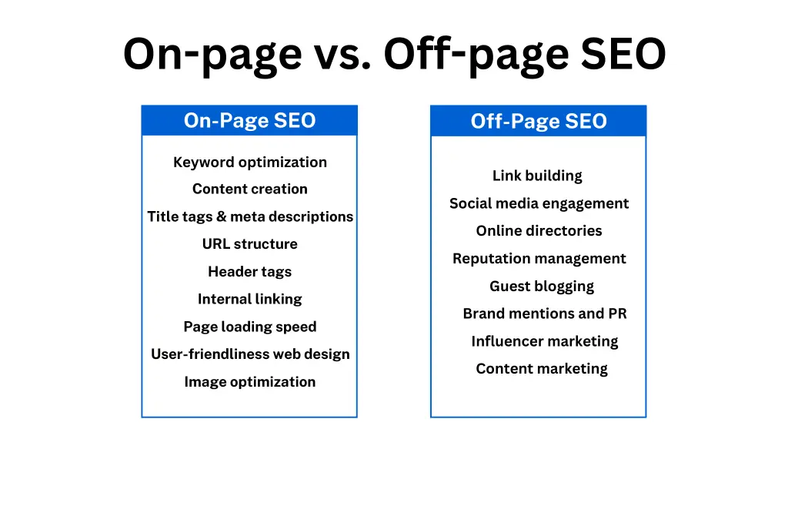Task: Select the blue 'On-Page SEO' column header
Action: click(249, 121)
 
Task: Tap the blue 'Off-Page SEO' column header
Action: click(538, 122)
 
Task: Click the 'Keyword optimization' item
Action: click(249, 162)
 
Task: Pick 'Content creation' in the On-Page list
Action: click(249, 189)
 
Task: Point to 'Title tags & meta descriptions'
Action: click(249, 216)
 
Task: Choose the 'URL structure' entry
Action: click(249, 244)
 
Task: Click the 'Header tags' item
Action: click(249, 272)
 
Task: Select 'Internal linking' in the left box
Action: click(249, 299)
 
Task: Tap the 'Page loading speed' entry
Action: click(249, 327)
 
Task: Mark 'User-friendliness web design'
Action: click(249, 354)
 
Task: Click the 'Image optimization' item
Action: click(249, 382)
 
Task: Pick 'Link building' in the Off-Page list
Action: click(537, 176)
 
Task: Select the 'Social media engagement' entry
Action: click(539, 203)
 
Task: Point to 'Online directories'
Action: click(539, 231)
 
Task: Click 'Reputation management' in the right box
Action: click(539, 259)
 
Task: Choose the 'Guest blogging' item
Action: click(542, 287)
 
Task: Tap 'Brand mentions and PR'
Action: click(544, 313)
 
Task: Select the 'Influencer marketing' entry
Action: click(544, 341)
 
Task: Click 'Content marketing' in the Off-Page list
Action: click(542, 369)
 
